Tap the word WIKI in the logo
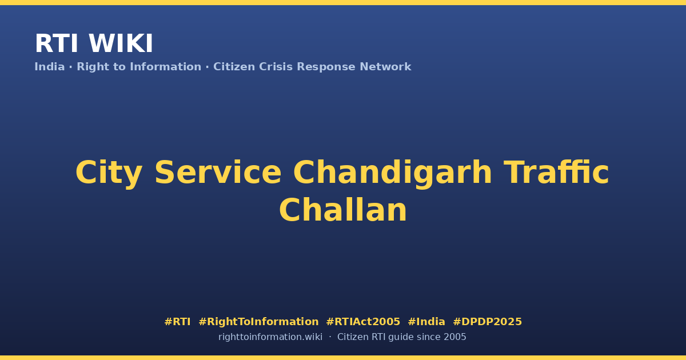click(121, 43)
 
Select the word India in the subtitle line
click(50, 67)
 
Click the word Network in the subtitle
click(385, 67)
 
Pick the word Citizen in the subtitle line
click(234, 67)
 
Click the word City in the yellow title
click(109, 173)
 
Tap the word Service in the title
click(218, 173)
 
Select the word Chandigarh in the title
click(393, 173)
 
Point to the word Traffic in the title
click(556, 172)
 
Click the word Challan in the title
click(343, 210)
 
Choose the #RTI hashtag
click(177, 322)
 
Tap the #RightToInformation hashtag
click(258, 322)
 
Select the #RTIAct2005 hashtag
click(363, 322)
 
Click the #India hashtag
click(426, 322)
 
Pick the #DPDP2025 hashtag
click(487, 322)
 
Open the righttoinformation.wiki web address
click(270, 337)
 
